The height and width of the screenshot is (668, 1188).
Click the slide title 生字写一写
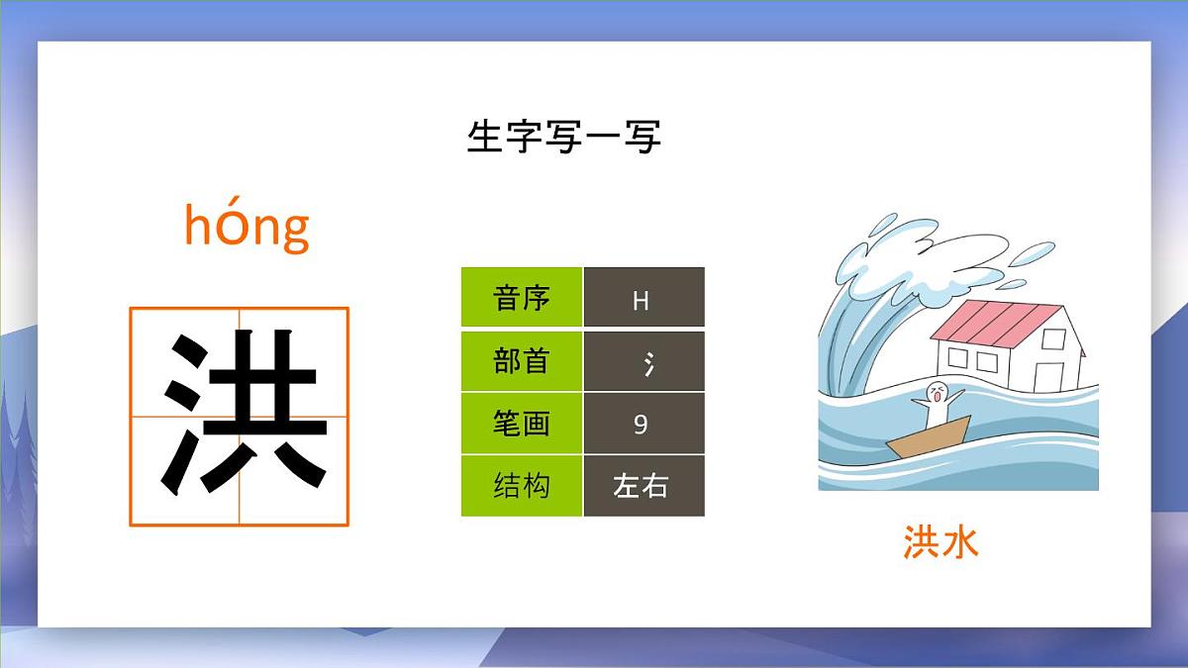click(x=563, y=137)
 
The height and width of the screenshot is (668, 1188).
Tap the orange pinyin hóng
click(x=247, y=226)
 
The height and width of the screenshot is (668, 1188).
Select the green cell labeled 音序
click(x=521, y=297)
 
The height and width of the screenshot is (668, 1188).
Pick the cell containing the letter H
click(x=643, y=298)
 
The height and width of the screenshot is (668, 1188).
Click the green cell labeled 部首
click(x=521, y=361)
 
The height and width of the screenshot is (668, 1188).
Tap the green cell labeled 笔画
click(x=521, y=424)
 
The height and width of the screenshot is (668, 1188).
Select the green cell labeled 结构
click(x=521, y=486)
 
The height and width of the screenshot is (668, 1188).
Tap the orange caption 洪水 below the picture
click(x=940, y=542)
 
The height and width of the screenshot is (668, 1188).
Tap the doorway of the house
click(x=1047, y=375)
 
